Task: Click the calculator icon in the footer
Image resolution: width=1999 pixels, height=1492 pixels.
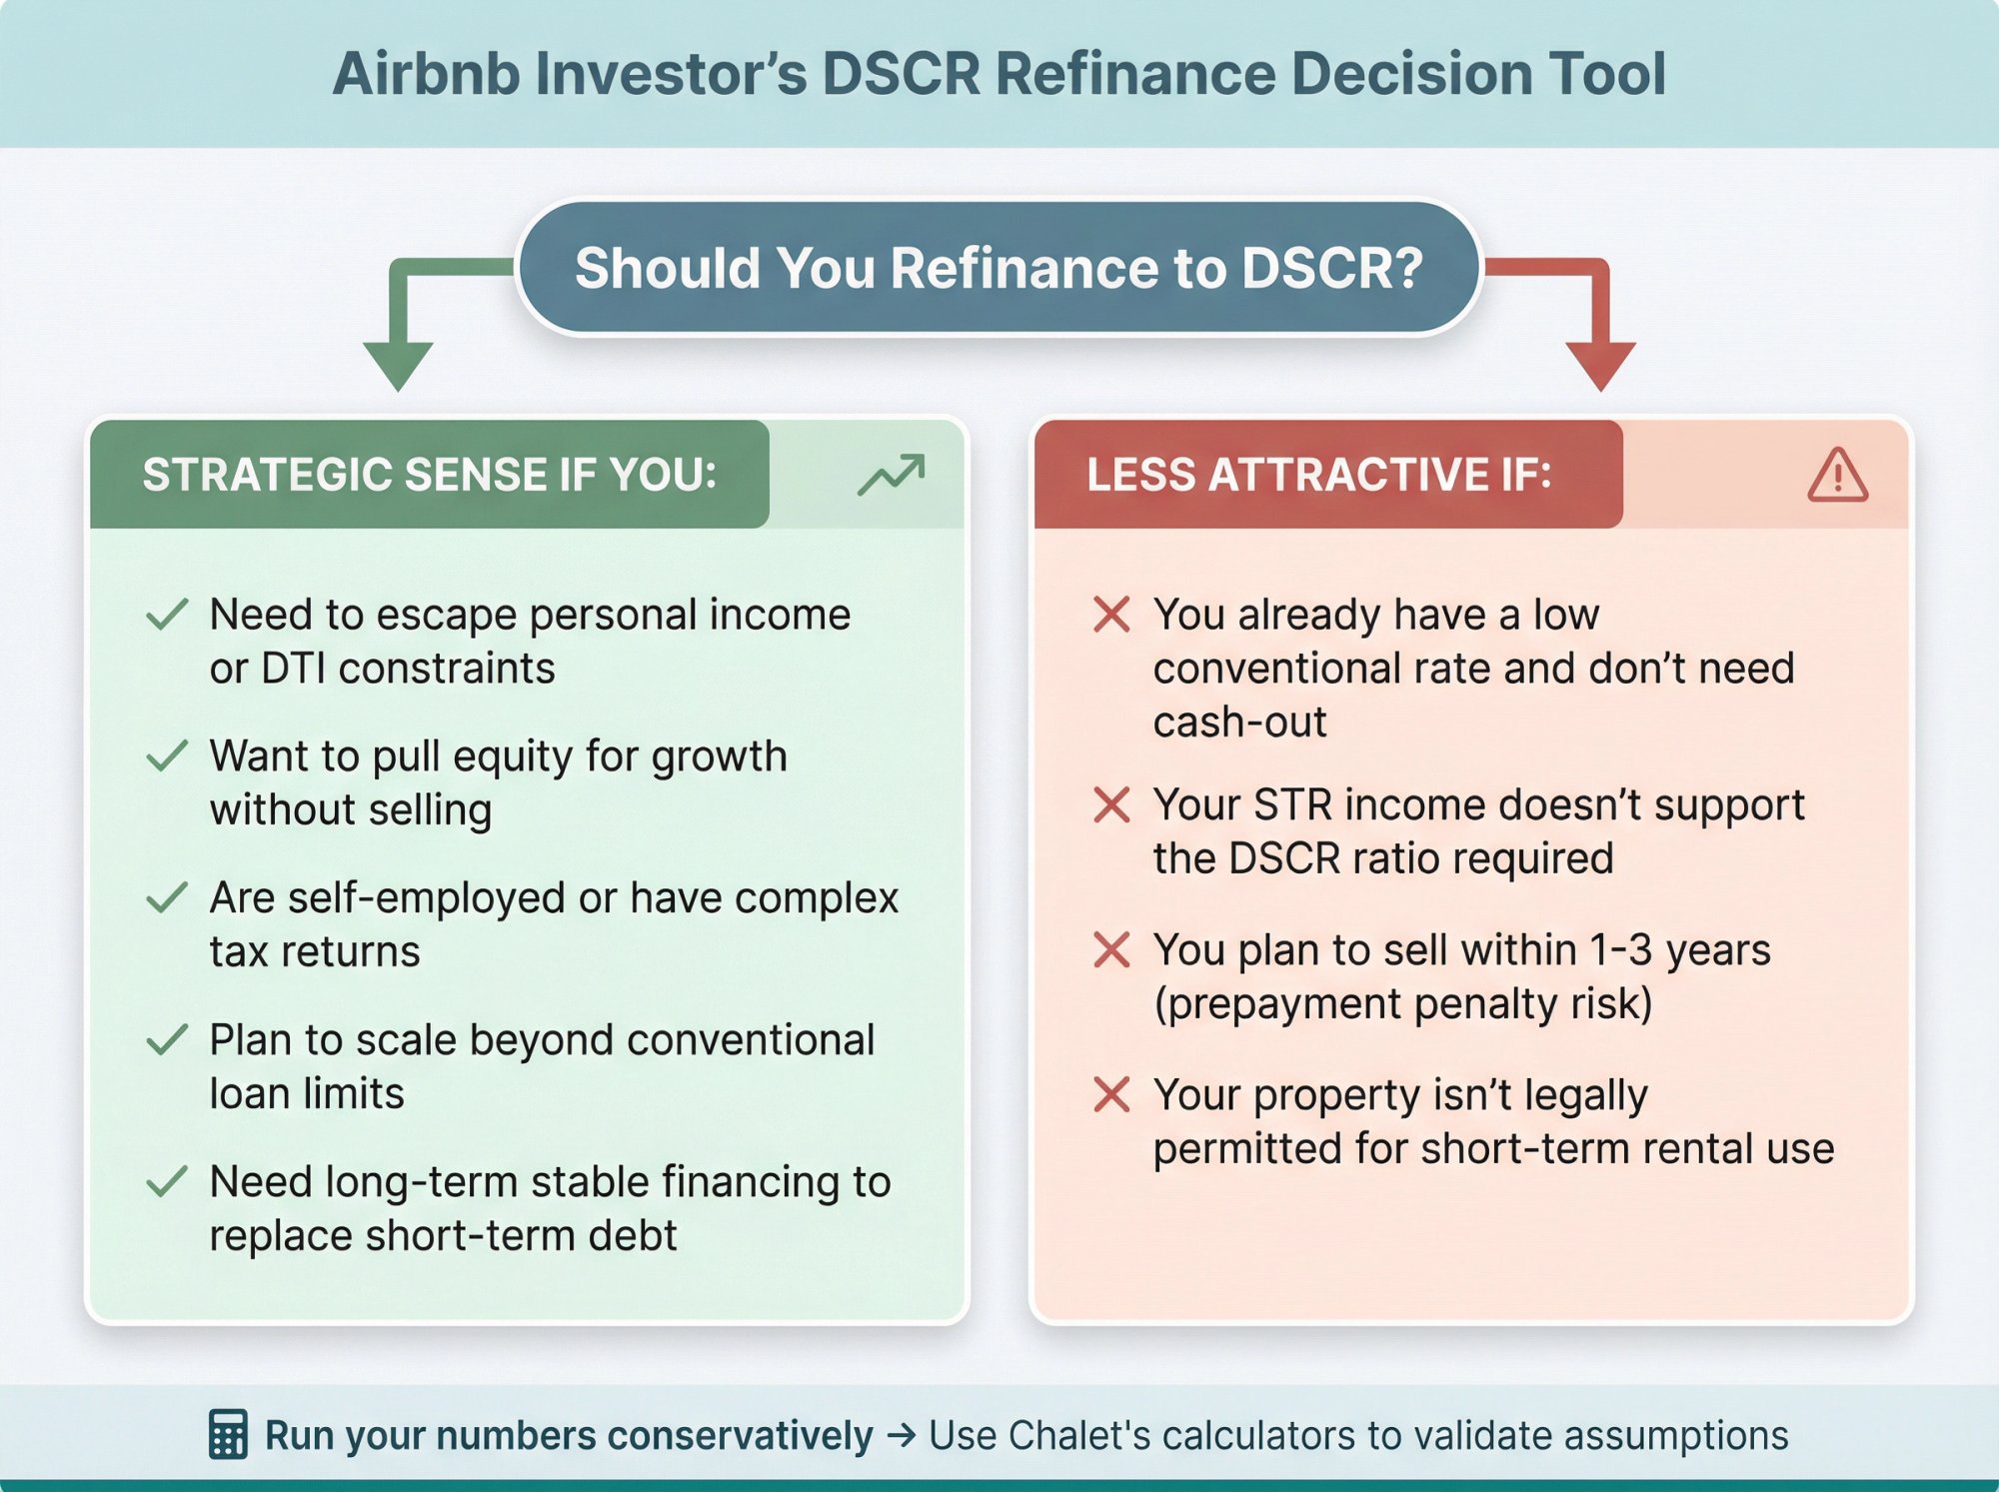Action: click(x=228, y=1434)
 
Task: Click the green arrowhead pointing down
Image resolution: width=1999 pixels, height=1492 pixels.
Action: click(x=398, y=366)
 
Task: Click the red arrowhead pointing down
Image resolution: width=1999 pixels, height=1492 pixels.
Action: click(x=1600, y=366)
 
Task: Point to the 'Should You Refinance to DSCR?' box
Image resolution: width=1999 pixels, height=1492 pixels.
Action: click(x=998, y=268)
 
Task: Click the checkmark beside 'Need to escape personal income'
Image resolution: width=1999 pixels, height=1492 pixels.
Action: click(x=167, y=614)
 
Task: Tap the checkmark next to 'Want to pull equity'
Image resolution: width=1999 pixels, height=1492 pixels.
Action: click(x=167, y=755)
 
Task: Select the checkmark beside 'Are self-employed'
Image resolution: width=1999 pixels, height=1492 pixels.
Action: click(x=167, y=897)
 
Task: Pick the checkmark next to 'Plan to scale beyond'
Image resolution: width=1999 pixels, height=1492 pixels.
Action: click(x=167, y=1039)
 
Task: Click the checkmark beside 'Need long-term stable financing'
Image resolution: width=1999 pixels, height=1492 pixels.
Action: click(x=167, y=1181)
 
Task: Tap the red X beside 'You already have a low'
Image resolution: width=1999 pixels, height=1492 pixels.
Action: click(x=1111, y=614)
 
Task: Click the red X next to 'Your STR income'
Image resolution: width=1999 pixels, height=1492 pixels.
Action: click(x=1111, y=804)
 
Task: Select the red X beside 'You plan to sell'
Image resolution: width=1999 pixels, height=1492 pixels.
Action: click(x=1111, y=949)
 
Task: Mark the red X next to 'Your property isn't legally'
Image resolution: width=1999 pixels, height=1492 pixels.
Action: click(x=1111, y=1094)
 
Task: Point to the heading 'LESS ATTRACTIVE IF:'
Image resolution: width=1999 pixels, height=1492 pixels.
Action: click(x=1318, y=475)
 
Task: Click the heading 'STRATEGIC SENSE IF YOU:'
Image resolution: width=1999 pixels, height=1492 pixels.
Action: click(x=429, y=475)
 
